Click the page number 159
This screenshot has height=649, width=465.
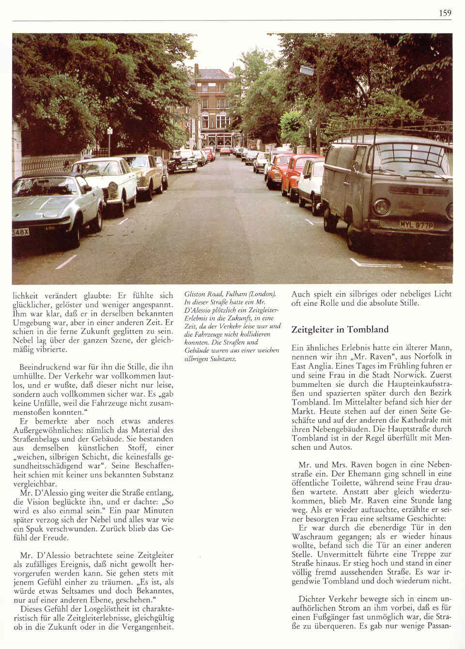[x=445, y=13]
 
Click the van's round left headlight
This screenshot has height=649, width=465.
[x=380, y=208]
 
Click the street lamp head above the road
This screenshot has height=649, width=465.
[x=307, y=71]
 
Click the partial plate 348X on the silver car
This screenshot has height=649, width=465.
[x=20, y=232]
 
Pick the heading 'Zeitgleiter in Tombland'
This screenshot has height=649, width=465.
[x=340, y=330]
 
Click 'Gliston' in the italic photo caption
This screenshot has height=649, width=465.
[x=195, y=294]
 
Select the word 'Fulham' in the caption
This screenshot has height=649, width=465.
[x=237, y=294]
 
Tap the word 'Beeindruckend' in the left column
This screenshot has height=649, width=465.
[x=43, y=367]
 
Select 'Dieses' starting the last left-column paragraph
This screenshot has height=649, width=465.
[x=31, y=609]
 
